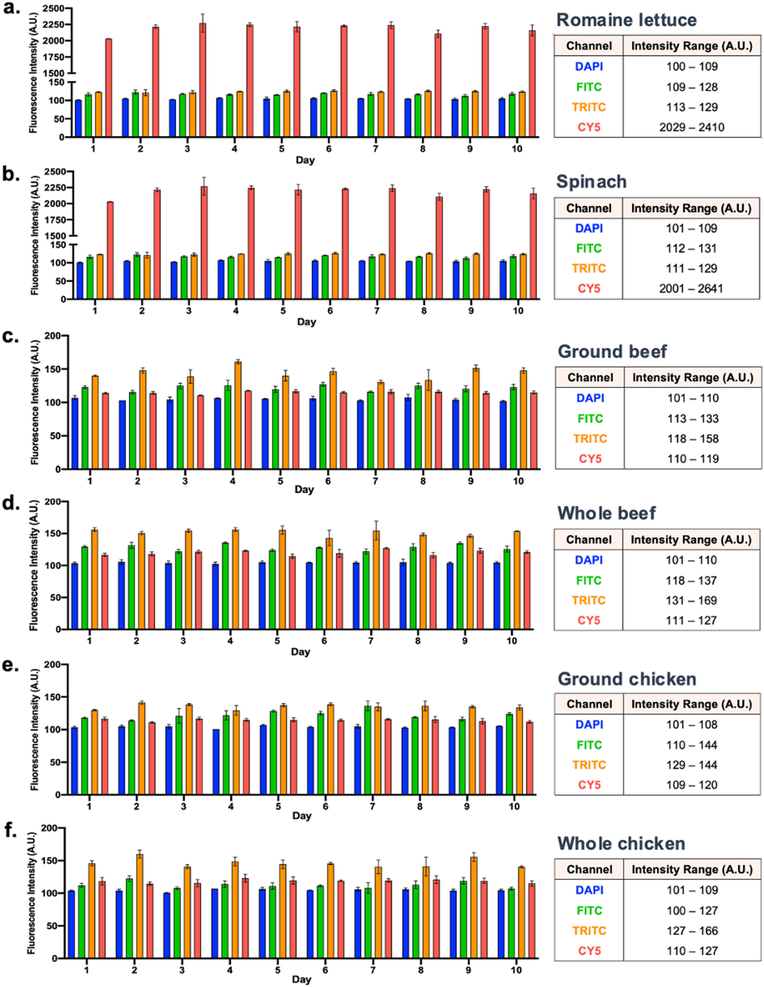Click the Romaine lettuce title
[x=626, y=20]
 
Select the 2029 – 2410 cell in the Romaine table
[x=691, y=127]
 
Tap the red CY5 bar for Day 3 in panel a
[x=203, y=81]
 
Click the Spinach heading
[x=591, y=182]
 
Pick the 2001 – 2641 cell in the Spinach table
[x=691, y=288]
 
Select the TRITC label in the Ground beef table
[x=590, y=438]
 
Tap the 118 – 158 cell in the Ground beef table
[x=693, y=438]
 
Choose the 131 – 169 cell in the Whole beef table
[x=691, y=600]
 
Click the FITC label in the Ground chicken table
[x=589, y=745]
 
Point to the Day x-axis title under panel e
[x=301, y=816]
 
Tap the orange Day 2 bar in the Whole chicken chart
[x=139, y=906]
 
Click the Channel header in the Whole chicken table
[x=589, y=870]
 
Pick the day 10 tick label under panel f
[x=516, y=970]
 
